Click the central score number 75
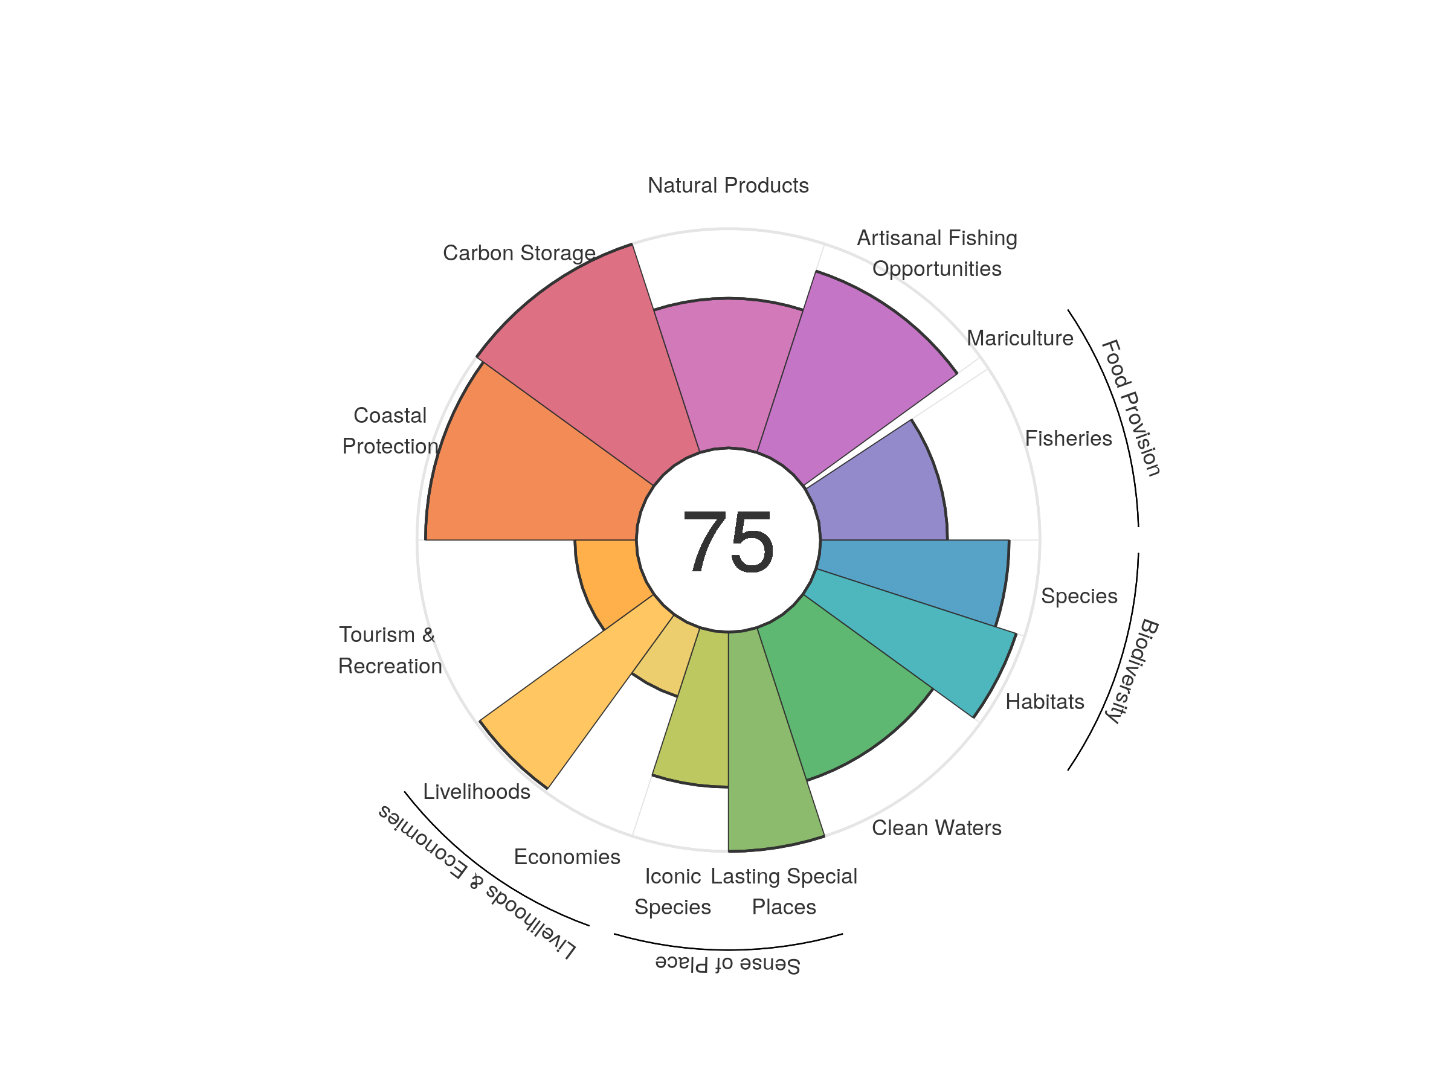click(x=727, y=541)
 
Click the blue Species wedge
click(x=918, y=577)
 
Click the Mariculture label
click(x=1020, y=338)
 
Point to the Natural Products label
click(x=727, y=185)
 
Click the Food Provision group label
click(x=1130, y=408)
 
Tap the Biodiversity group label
click(x=1132, y=670)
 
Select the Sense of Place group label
click(x=727, y=964)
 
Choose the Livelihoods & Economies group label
click(x=477, y=882)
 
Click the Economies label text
click(x=567, y=856)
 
